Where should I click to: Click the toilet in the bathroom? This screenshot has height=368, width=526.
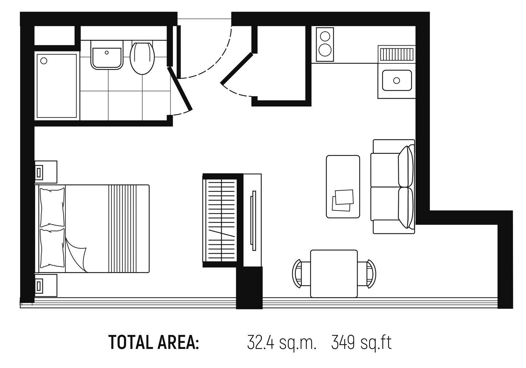[x=142, y=58]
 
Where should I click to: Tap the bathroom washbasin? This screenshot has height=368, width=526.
[x=107, y=55]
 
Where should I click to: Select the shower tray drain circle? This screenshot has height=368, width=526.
[x=44, y=61]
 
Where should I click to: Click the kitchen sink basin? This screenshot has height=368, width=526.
[x=397, y=80]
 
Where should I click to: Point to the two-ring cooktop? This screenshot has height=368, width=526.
[x=325, y=45]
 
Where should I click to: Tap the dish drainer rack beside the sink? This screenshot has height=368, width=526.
[x=397, y=54]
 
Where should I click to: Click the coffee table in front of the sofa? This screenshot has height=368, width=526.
[x=343, y=187]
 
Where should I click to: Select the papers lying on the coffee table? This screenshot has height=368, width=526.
[x=343, y=200]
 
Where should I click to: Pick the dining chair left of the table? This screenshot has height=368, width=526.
[x=301, y=274]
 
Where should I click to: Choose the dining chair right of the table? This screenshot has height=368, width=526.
[x=367, y=274]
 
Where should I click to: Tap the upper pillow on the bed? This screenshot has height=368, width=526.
[x=53, y=207]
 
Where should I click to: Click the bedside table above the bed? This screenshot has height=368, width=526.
[x=46, y=172]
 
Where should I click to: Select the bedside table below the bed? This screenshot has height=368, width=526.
[x=46, y=286]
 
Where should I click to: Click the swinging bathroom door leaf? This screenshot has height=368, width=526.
[x=180, y=89]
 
